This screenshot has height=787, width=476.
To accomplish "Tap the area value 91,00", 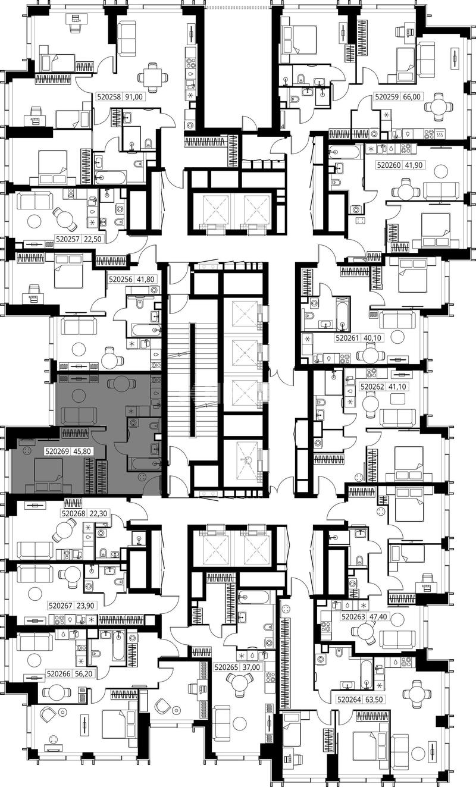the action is (134, 96).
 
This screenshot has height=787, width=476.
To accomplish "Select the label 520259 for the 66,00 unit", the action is (387, 96).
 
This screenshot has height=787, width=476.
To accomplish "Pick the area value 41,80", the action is (146, 280).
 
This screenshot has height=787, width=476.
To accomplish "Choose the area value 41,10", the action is (397, 387).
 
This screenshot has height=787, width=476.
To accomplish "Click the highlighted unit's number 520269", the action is (57, 451).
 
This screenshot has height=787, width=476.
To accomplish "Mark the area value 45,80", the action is (82, 451).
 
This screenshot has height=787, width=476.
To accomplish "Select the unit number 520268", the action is (73, 513).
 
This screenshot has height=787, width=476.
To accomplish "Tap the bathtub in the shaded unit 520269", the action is (145, 463).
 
